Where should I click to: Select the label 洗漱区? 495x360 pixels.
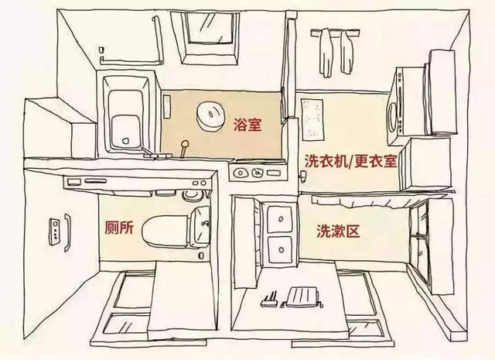coord(335,231)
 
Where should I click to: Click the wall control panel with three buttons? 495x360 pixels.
coord(55,230)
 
